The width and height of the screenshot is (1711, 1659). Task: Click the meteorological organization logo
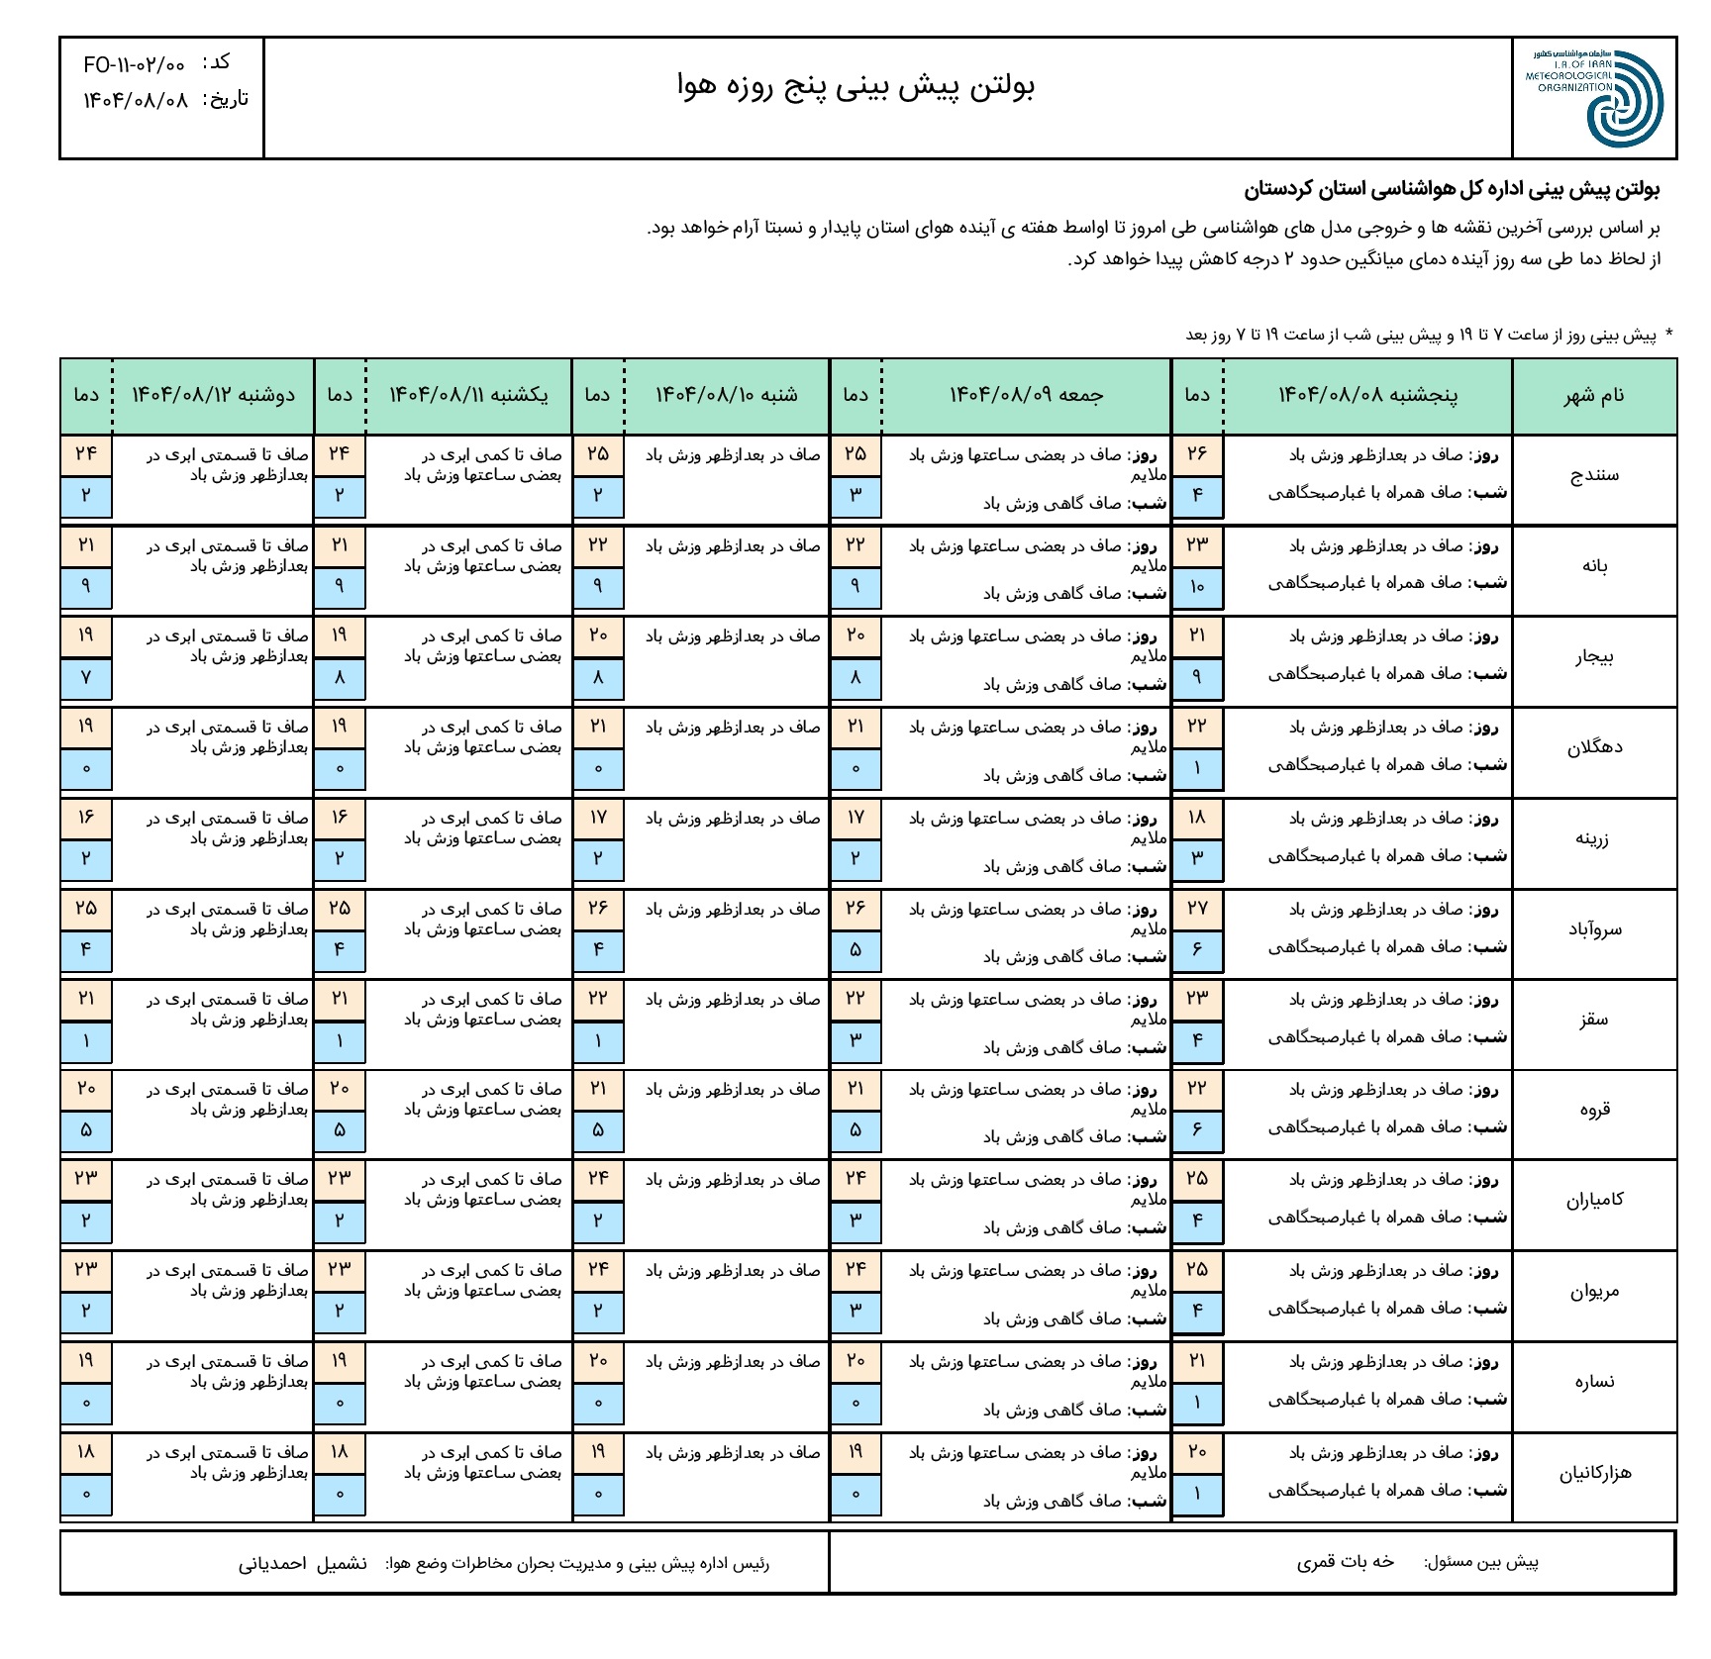click(1594, 98)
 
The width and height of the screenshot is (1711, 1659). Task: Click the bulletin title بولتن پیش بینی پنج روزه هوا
click(855, 87)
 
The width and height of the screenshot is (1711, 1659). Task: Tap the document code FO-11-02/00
click(134, 65)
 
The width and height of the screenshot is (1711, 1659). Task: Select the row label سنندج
click(1594, 475)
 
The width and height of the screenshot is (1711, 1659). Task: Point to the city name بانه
click(1594, 566)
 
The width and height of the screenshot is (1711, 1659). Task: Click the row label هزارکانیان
click(1594, 1474)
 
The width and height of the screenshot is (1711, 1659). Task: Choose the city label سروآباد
click(1594, 929)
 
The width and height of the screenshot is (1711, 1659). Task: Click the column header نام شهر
click(1594, 396)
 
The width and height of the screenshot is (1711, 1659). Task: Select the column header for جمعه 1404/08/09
click(1026, 396)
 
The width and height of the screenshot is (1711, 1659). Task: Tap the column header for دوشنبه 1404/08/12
click(214, 396)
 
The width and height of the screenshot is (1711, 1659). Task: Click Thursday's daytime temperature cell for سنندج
click(1197, 454)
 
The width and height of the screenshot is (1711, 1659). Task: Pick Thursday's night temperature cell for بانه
click(1197, 587)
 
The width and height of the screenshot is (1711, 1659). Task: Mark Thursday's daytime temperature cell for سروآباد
click(1197, 909)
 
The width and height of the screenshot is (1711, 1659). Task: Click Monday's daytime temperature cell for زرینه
click(86, 818)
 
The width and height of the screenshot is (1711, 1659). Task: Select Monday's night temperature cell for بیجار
click(86, 678)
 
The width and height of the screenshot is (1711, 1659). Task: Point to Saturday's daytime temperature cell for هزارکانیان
click(598, 1452)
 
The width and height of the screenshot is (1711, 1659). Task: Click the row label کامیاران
click(1594, 1201)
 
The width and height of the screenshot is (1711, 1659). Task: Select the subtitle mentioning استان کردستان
click(1452, 190)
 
